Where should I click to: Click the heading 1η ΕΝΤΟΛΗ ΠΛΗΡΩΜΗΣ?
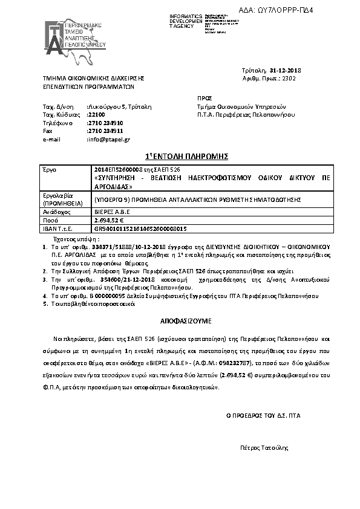(180, 156)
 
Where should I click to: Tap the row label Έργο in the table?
(48, 170)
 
